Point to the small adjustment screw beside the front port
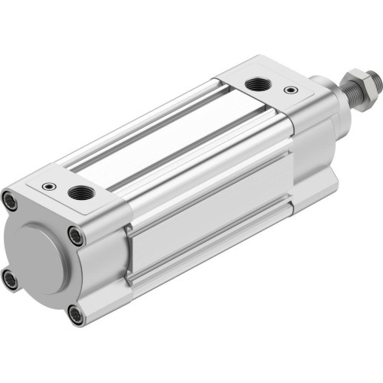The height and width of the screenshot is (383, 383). [x=289, y=90]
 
